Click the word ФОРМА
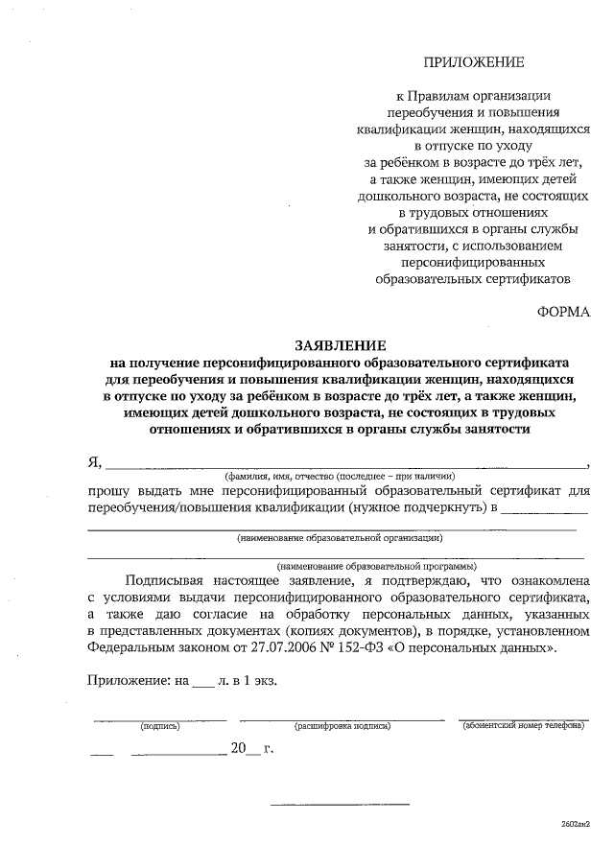click(x=563, y=312)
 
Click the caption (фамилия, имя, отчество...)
click(x=339, y=477)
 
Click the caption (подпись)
click(x=160, y=726)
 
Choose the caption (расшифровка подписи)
click(x=342, y=726)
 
